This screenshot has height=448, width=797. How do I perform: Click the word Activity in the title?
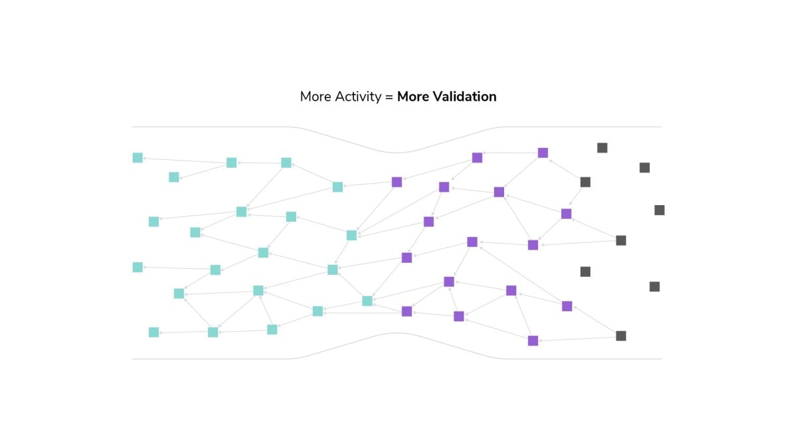(x=358, y=97)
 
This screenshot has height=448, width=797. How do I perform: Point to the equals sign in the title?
(x=389, y=97)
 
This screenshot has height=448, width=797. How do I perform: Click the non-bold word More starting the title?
(x=315, y=97)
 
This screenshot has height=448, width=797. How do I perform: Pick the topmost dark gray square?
(x=602, y=147)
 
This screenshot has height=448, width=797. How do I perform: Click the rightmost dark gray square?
(x=660, y=210)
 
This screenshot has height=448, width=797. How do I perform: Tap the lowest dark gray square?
(x=621, y=336)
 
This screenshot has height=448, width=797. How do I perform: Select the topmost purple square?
(x=543, y=153)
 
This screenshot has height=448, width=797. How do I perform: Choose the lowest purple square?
(x=533, y=340)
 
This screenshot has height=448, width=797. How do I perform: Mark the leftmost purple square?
(x=397, y=182)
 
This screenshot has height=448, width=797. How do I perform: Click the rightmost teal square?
(x=367, y=301)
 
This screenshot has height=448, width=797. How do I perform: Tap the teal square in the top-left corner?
(x=137, y=157)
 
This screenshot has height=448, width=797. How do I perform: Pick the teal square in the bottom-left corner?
(x=153, y=332)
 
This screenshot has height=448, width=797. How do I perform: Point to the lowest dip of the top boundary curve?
(x=397, y=153)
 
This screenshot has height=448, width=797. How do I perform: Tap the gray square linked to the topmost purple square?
(x=585, y=182)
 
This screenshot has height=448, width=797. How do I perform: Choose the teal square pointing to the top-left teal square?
(x=232, y=163)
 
